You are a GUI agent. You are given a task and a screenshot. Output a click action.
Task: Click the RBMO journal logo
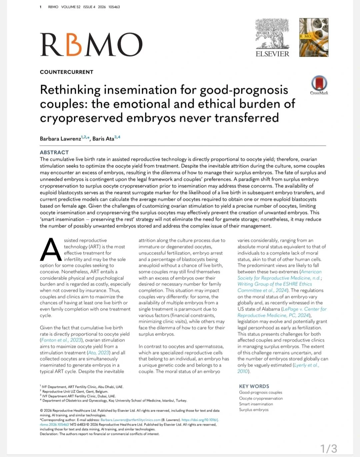[91, 45]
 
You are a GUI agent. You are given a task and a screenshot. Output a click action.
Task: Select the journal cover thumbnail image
[314, 37]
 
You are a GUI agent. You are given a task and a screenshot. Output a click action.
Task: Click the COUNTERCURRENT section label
[67, 72]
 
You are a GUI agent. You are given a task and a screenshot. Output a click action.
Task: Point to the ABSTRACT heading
[54, 152]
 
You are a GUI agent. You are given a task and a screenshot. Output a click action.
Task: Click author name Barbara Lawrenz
[60, 139]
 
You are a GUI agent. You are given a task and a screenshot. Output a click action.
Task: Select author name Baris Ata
[103, 139]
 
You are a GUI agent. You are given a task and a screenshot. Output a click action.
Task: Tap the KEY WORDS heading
[254, 386]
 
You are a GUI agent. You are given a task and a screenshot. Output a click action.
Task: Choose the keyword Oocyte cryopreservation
[261, 398]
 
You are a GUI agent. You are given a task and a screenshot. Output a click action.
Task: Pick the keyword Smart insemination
[256, 404]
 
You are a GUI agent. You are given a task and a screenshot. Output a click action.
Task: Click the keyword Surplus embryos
[253, 410]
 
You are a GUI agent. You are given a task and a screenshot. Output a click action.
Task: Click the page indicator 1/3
[329, 448]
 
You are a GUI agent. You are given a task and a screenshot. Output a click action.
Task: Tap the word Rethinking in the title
[70, 90]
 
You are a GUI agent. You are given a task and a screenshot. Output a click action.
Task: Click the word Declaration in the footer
[49, 434]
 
